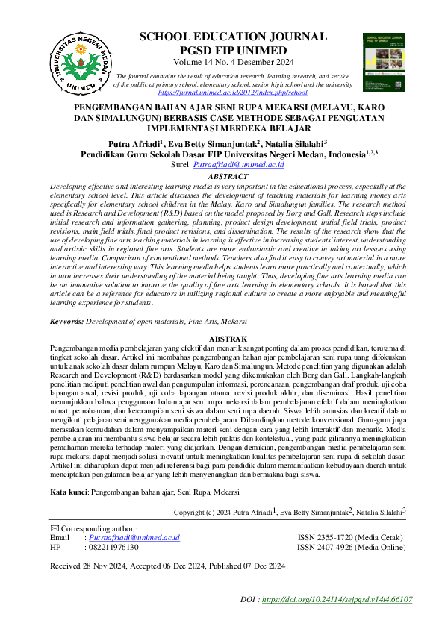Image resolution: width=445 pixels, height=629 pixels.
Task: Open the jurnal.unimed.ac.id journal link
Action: (x=233, y=93)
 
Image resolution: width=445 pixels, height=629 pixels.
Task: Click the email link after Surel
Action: (x=240, y=163)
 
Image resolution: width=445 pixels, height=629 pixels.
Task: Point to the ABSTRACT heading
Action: (x=228, y=176)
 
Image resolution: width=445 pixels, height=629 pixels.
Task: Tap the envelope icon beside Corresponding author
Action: (x=53, y=528)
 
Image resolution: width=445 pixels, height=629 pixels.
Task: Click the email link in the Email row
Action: (x=134, y=537)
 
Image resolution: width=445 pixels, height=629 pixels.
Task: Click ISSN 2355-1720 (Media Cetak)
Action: (x=346, y=537)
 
